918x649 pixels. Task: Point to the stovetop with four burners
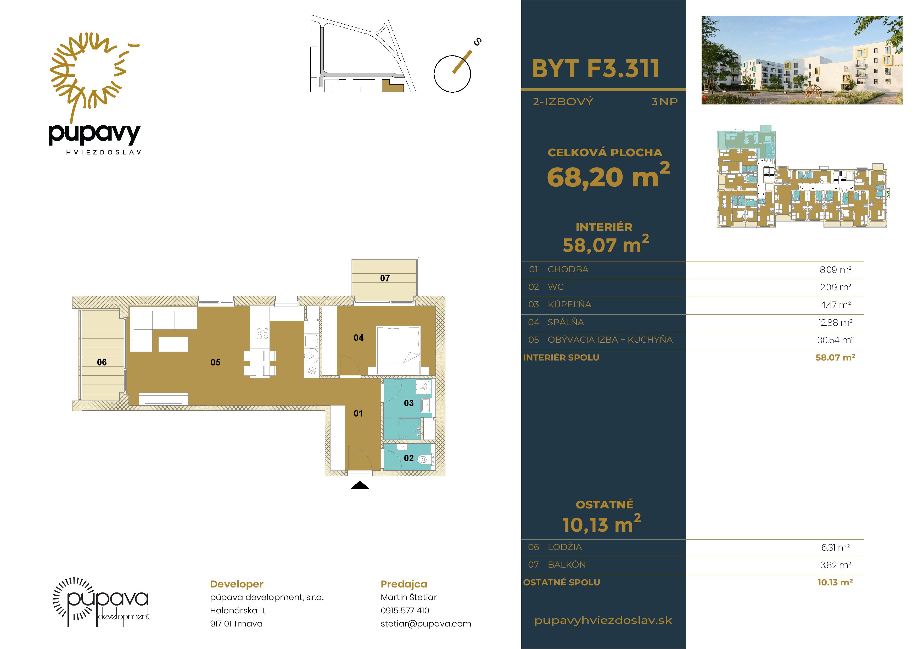(262, 334)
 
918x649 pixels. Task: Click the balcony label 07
(385, 278)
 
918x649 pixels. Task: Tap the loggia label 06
(102, 362)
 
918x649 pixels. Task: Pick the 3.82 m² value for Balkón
(835, 565)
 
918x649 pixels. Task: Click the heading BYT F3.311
(595, 69)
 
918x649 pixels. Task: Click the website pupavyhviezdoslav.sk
(603, 621)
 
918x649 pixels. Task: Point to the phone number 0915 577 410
(405, 610)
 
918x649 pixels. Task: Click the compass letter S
(477, 42)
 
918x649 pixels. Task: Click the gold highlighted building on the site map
(393, 86)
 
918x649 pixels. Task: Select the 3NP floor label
(664, 102)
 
